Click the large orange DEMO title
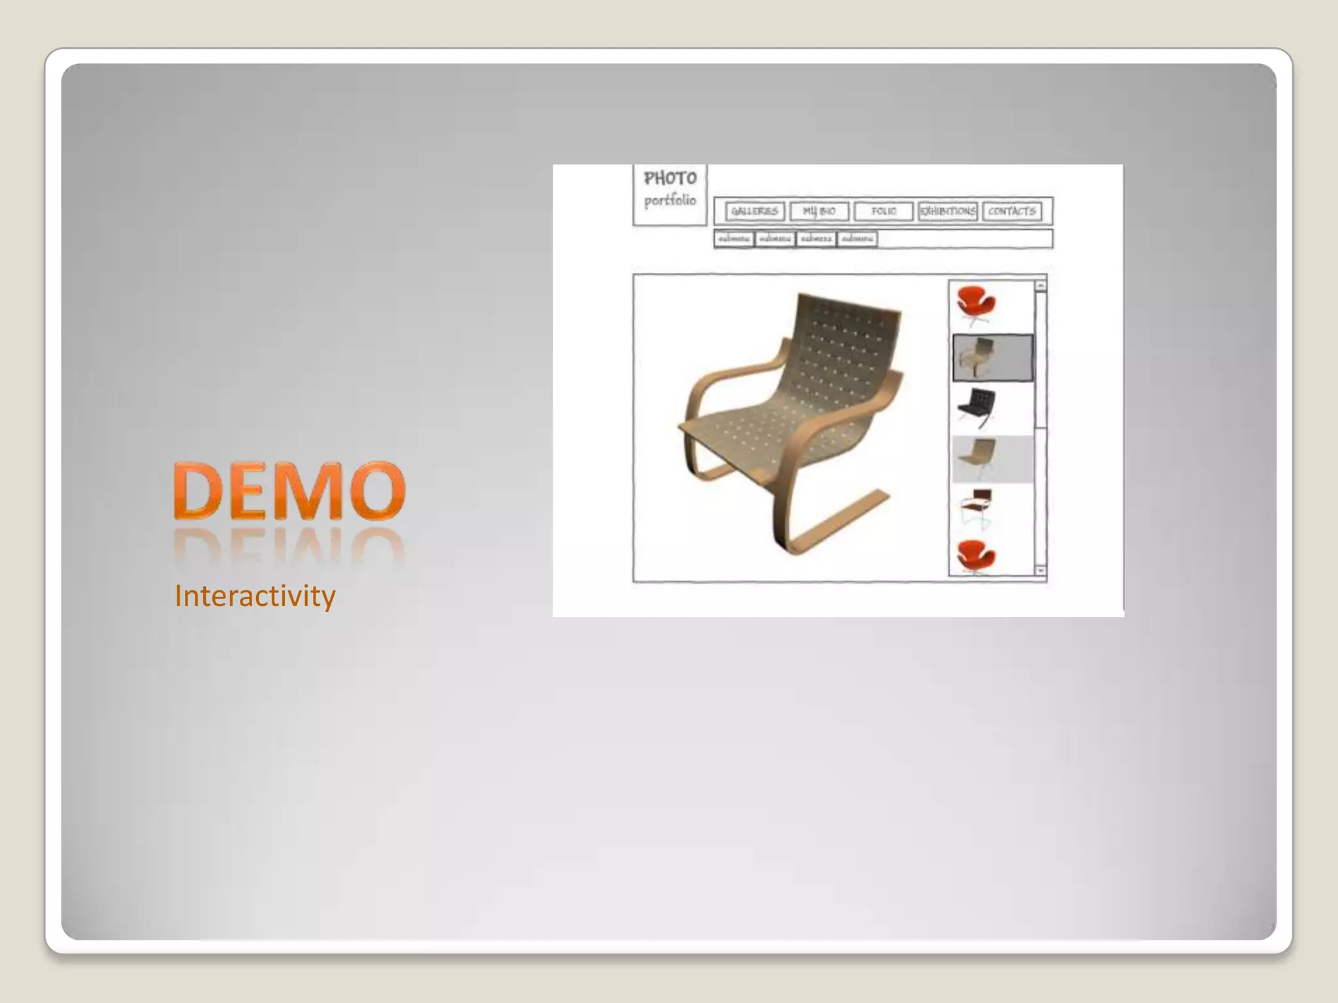[289, 491]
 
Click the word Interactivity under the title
[255, 596]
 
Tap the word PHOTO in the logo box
[670, 178]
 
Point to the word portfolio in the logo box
[670, 200]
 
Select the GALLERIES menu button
[755, 212]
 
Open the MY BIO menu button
[819, 212]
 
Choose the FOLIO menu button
[883, 212]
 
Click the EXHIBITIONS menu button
[947, 212]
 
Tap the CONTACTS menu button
[1012, 212]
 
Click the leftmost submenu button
[734, 239]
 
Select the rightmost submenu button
[857, 239]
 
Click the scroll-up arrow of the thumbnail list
[1041, 286]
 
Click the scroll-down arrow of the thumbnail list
[1041, 570]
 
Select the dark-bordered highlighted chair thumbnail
[992, 357]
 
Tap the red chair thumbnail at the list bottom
[976, 557]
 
